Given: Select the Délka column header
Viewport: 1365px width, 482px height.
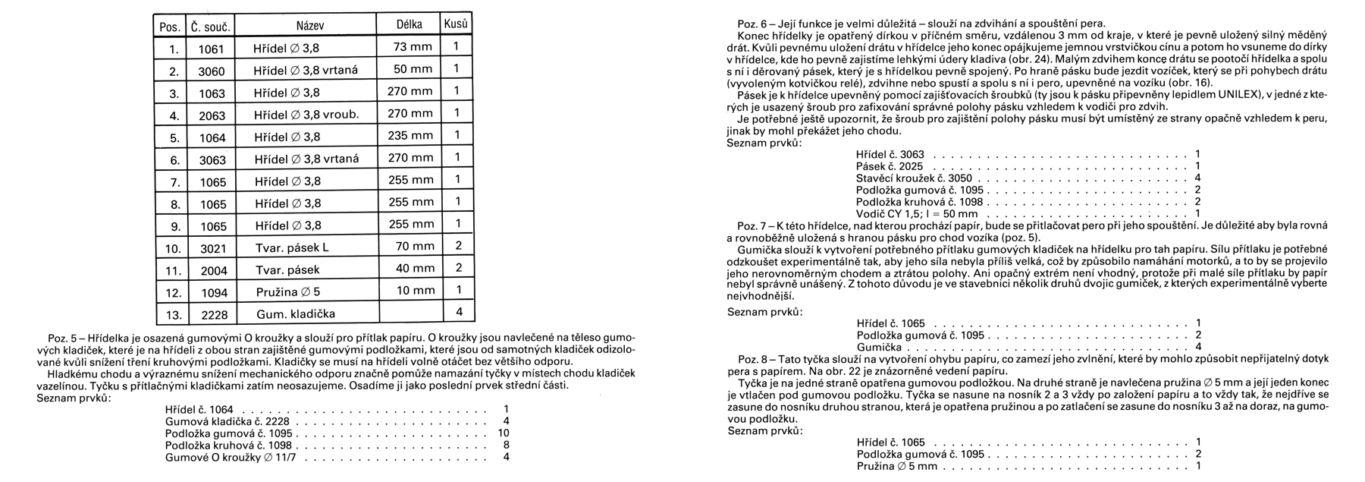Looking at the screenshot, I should tap(409, 25).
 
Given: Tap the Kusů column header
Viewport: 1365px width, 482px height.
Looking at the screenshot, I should tap(456, 24).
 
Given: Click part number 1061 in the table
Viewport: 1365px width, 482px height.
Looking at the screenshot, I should tap(211, 49).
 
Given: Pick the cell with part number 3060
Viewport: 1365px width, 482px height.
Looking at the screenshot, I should tap(211, 71).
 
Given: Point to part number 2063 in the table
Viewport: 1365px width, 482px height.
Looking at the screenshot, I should tap(212, 115).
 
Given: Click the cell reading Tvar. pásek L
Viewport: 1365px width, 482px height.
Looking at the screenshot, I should tap(291, 247).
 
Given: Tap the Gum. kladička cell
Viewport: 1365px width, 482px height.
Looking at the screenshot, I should tap(295, 313).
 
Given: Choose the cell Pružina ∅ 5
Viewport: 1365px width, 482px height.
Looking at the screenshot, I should tap(287, 291).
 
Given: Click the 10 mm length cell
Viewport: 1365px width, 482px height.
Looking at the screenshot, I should tap(415, 291).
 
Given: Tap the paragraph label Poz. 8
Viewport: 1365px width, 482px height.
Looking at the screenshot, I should tap(752, 358).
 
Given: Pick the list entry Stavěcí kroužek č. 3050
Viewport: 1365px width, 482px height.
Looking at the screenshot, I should tap(914, 178).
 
